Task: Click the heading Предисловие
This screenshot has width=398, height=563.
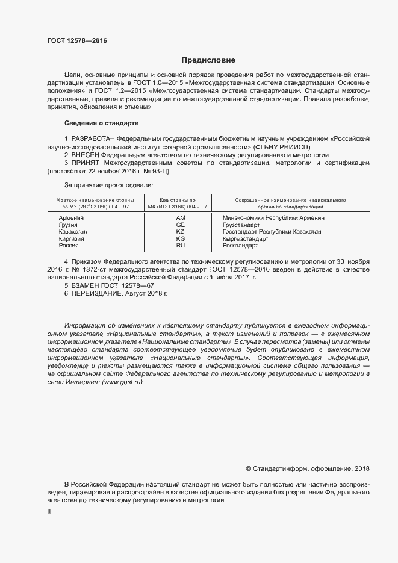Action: tap(209, 60)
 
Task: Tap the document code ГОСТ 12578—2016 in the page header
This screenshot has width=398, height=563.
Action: tap(76, 41)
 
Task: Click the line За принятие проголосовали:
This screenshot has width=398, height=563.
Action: tap(109, 185)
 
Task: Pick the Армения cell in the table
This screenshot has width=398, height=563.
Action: tap(71, 217)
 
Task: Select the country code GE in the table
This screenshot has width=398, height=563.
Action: tap(180, 225)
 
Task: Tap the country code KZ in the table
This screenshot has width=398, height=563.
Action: tap(180, 232)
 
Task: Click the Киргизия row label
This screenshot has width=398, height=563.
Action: tap(72, 238)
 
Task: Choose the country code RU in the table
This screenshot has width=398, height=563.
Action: tap(180, 246)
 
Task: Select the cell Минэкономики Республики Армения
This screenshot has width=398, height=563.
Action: tap(273, 217)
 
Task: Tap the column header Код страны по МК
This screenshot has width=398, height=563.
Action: tap(177, 202)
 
